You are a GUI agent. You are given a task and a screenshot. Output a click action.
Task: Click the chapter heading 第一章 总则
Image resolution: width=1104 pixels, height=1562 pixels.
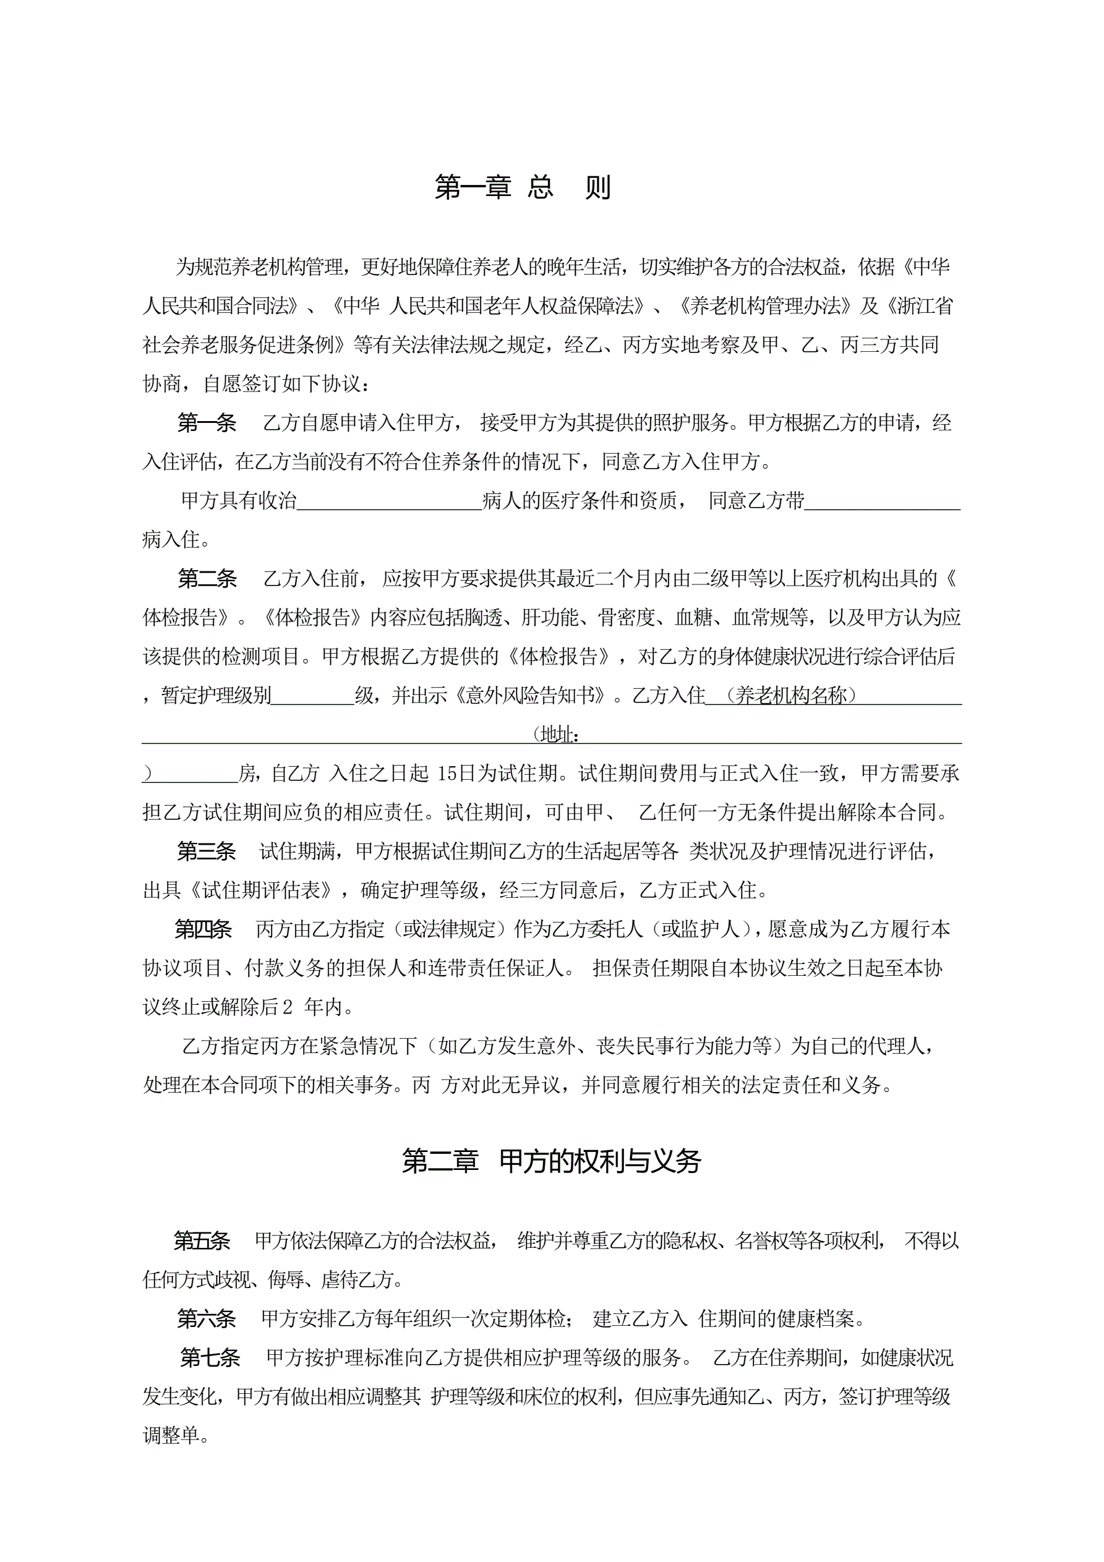click(523, 187)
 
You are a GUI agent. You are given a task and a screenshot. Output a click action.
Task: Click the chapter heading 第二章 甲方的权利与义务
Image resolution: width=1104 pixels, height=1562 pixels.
click(551, 1161)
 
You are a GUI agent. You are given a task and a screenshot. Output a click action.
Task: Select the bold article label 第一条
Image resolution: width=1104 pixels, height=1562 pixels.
click(207, 423)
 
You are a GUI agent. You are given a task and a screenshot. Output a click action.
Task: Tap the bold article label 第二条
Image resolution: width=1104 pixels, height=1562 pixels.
click(207, 579)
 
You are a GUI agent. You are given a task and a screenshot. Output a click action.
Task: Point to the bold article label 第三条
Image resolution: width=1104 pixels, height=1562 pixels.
click(206, 851)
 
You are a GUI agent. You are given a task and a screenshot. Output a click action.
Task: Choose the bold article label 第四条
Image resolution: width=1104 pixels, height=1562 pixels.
click(203, 929)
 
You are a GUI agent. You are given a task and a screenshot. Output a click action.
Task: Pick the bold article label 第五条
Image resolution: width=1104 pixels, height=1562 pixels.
click(202, 1241)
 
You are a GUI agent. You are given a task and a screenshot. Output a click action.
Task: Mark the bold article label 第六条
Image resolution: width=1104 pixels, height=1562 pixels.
click(206, 1319)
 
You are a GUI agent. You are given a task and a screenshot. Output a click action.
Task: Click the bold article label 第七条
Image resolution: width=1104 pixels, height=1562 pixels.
click(210, 1358)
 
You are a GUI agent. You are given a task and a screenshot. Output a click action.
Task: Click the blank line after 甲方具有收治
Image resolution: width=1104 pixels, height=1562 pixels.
click(389, 502)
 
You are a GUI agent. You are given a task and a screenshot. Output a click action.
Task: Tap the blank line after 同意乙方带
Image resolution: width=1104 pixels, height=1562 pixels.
click(882, 502)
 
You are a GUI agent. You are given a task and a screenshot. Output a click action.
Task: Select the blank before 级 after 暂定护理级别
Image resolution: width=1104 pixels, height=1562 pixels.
click(312, 696)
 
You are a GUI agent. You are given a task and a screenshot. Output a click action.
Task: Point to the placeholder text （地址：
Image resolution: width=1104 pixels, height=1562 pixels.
click(557, 735)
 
